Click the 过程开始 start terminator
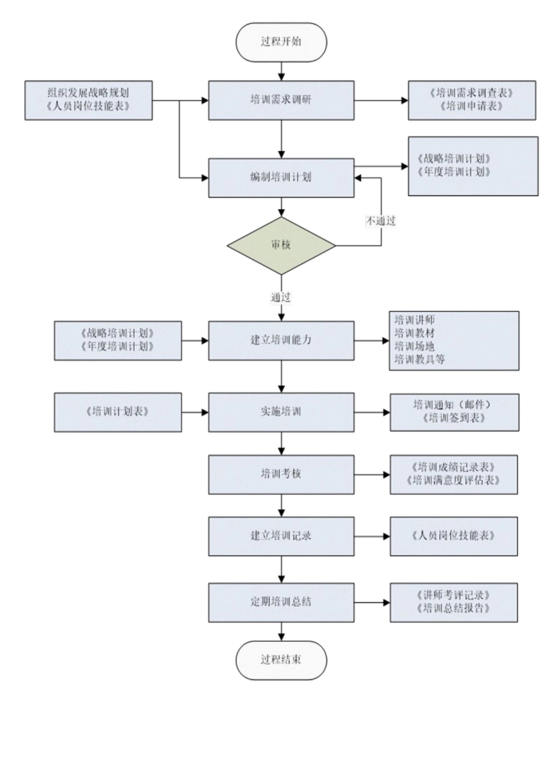281,42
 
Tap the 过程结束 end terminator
281,660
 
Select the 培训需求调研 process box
281,100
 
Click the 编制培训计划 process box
281,178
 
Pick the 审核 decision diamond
281,245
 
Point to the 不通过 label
381,221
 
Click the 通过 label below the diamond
281,297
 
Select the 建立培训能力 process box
281,340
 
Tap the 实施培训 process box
281,411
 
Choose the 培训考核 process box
281,474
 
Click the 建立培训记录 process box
281,536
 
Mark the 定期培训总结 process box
281,602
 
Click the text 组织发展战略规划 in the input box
88,93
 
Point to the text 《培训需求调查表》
472,93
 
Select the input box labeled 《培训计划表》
118,411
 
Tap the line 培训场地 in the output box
414,346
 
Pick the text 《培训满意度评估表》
454,481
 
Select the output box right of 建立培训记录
453,536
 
